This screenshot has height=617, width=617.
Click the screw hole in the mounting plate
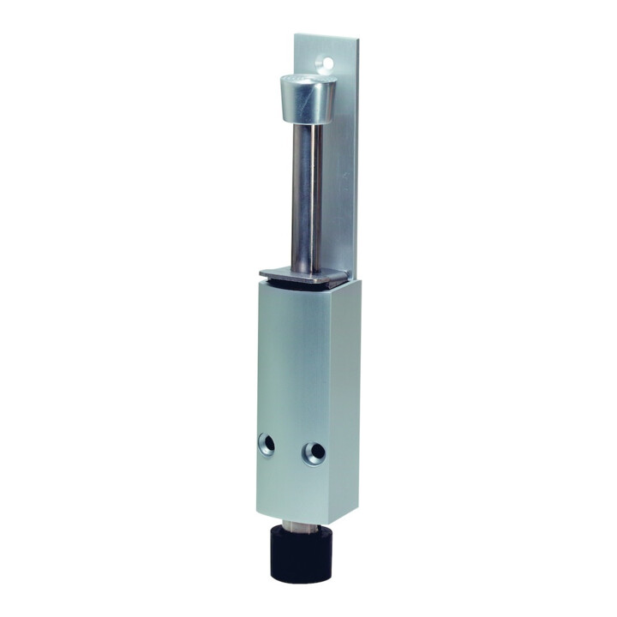[325, 62]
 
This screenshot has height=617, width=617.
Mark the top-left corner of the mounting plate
[296, 35]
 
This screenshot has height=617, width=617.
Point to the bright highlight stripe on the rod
[297, 197]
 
